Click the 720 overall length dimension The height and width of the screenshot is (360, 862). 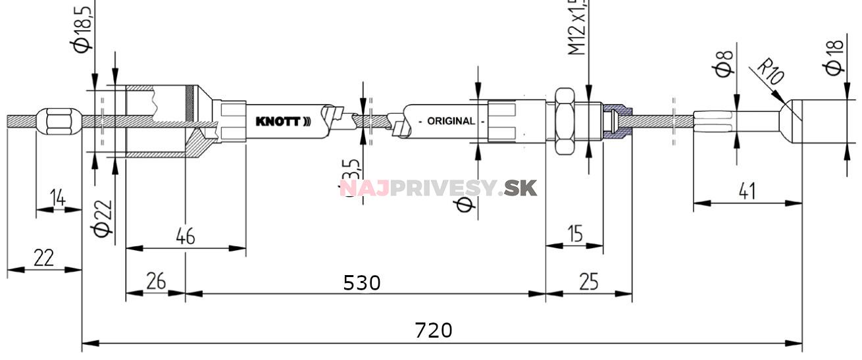[434, 330]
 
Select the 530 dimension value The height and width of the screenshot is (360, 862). [362, 282]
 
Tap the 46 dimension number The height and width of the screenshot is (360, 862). [186, 236]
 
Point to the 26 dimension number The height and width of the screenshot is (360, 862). [155, 282]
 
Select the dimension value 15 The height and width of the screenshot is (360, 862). [575, 234]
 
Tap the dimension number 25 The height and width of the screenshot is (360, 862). [589, 282]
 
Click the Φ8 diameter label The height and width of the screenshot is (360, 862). [723, 63]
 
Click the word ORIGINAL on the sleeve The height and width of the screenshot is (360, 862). [451, 121]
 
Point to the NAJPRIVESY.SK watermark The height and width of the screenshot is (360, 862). [438, 188]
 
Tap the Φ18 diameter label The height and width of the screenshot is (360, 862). [834, 58]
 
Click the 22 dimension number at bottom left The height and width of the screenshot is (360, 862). [43, 258]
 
